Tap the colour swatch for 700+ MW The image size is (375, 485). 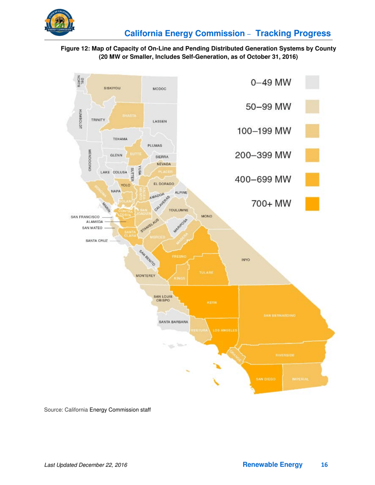(x=312, y=204)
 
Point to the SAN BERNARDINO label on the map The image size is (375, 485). (x=280, y=316)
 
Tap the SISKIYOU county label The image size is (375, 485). (x=112, y=88)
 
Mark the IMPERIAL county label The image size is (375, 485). (x=302, y=379)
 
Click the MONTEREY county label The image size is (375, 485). (x=145, y=276)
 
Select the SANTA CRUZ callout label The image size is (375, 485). (x=96, y=241)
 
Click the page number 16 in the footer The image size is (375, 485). (x=324, y=465)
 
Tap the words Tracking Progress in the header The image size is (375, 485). (x=293, y=34)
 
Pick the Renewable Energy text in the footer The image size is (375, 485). (x=273, y=465)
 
